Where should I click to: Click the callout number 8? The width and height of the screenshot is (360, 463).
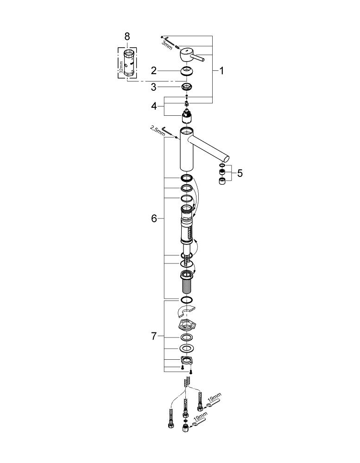pos(127,37)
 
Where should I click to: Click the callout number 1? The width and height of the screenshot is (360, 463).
pos(221,71)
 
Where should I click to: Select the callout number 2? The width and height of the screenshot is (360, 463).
pos(153,71)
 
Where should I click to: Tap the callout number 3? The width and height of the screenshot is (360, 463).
pos(153,87)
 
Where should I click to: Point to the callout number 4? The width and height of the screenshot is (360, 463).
pos(154,106)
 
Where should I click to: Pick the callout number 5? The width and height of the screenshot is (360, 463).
pos(240,173)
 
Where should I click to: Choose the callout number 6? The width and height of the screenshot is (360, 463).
pos(154,219)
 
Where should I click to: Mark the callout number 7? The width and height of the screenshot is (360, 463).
pos(154,336)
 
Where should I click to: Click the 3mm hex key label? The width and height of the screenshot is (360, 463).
pos(167,45)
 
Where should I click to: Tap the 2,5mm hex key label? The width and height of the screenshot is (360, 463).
pos(158,131)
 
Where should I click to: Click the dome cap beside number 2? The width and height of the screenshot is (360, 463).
pos(186,72)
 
